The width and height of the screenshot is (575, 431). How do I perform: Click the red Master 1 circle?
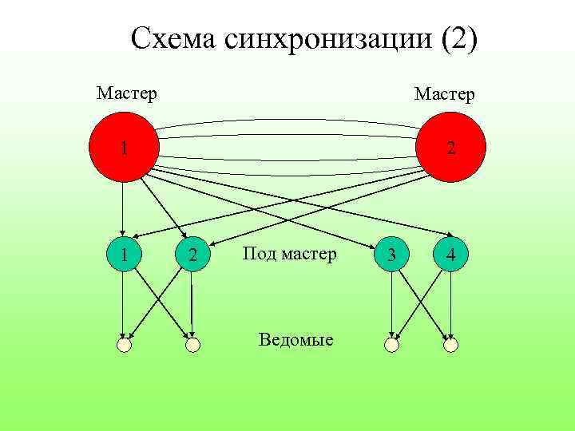tap(123, 148)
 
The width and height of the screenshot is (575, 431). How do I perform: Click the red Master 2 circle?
tap(452, 148)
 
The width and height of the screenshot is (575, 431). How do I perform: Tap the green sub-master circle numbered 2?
tap(192, 255)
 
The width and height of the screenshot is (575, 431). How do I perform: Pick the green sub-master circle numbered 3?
tap(391, 255)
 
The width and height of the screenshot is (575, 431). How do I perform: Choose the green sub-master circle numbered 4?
tap(452, 255)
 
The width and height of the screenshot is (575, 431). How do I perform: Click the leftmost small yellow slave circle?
tap(123, 345)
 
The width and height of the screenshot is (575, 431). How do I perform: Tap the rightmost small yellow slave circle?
tap(451, 345)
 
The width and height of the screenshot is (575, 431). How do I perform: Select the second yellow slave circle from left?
tap(192, 345)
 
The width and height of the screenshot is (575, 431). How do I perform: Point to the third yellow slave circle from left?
tap(391, 345)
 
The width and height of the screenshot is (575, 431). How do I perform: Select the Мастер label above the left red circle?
tap(126, 93)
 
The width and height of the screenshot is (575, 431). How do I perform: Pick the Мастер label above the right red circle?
tap(444, 95)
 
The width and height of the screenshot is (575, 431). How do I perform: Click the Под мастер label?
tap(289, 255)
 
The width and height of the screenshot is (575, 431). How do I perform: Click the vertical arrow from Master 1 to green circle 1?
tap(122, 208)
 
